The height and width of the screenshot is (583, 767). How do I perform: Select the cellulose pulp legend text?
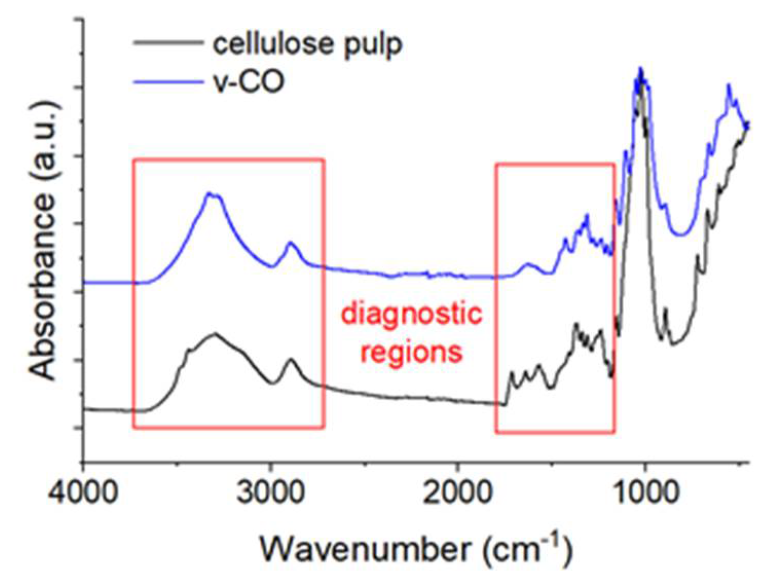307,44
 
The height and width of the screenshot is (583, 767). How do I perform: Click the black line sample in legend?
167,44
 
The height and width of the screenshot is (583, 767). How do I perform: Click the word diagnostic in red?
412,313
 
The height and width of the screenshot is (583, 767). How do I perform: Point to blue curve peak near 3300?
209,193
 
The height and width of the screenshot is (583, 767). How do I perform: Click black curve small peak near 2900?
291,360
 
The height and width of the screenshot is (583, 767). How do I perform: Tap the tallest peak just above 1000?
640,69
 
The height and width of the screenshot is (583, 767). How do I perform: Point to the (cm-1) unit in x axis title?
527,550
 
